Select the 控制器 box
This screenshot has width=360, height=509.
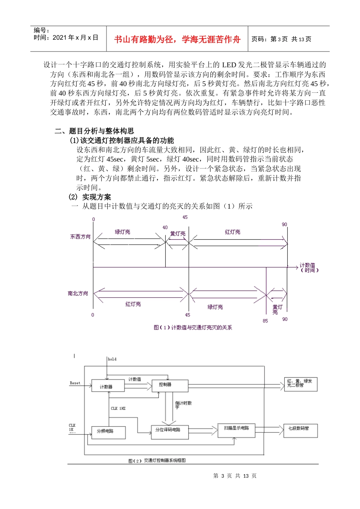pos(170,386)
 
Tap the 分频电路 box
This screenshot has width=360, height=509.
pos(108,432)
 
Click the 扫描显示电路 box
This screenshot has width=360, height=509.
pos(236,429)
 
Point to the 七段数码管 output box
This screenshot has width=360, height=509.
pos(301,430)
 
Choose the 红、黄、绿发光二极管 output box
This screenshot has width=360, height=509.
pos(301,384)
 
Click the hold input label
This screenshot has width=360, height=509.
pos(112,359)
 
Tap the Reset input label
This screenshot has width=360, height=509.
pos(75,383)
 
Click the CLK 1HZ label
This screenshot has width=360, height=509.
pos(118,409)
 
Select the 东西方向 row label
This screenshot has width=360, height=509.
pos(80,237)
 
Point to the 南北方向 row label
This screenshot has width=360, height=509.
pos(78,294)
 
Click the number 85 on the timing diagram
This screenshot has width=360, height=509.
pos(265,321)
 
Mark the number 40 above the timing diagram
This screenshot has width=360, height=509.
pos(165,228)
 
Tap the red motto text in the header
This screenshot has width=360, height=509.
pos(177,40)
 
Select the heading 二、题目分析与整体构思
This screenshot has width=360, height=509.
pos(94,131)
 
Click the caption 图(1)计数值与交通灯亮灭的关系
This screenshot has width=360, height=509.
pos(193,328)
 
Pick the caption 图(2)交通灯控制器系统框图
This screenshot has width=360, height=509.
pos(157,461)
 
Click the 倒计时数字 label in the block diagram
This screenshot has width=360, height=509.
pos(183,404)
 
